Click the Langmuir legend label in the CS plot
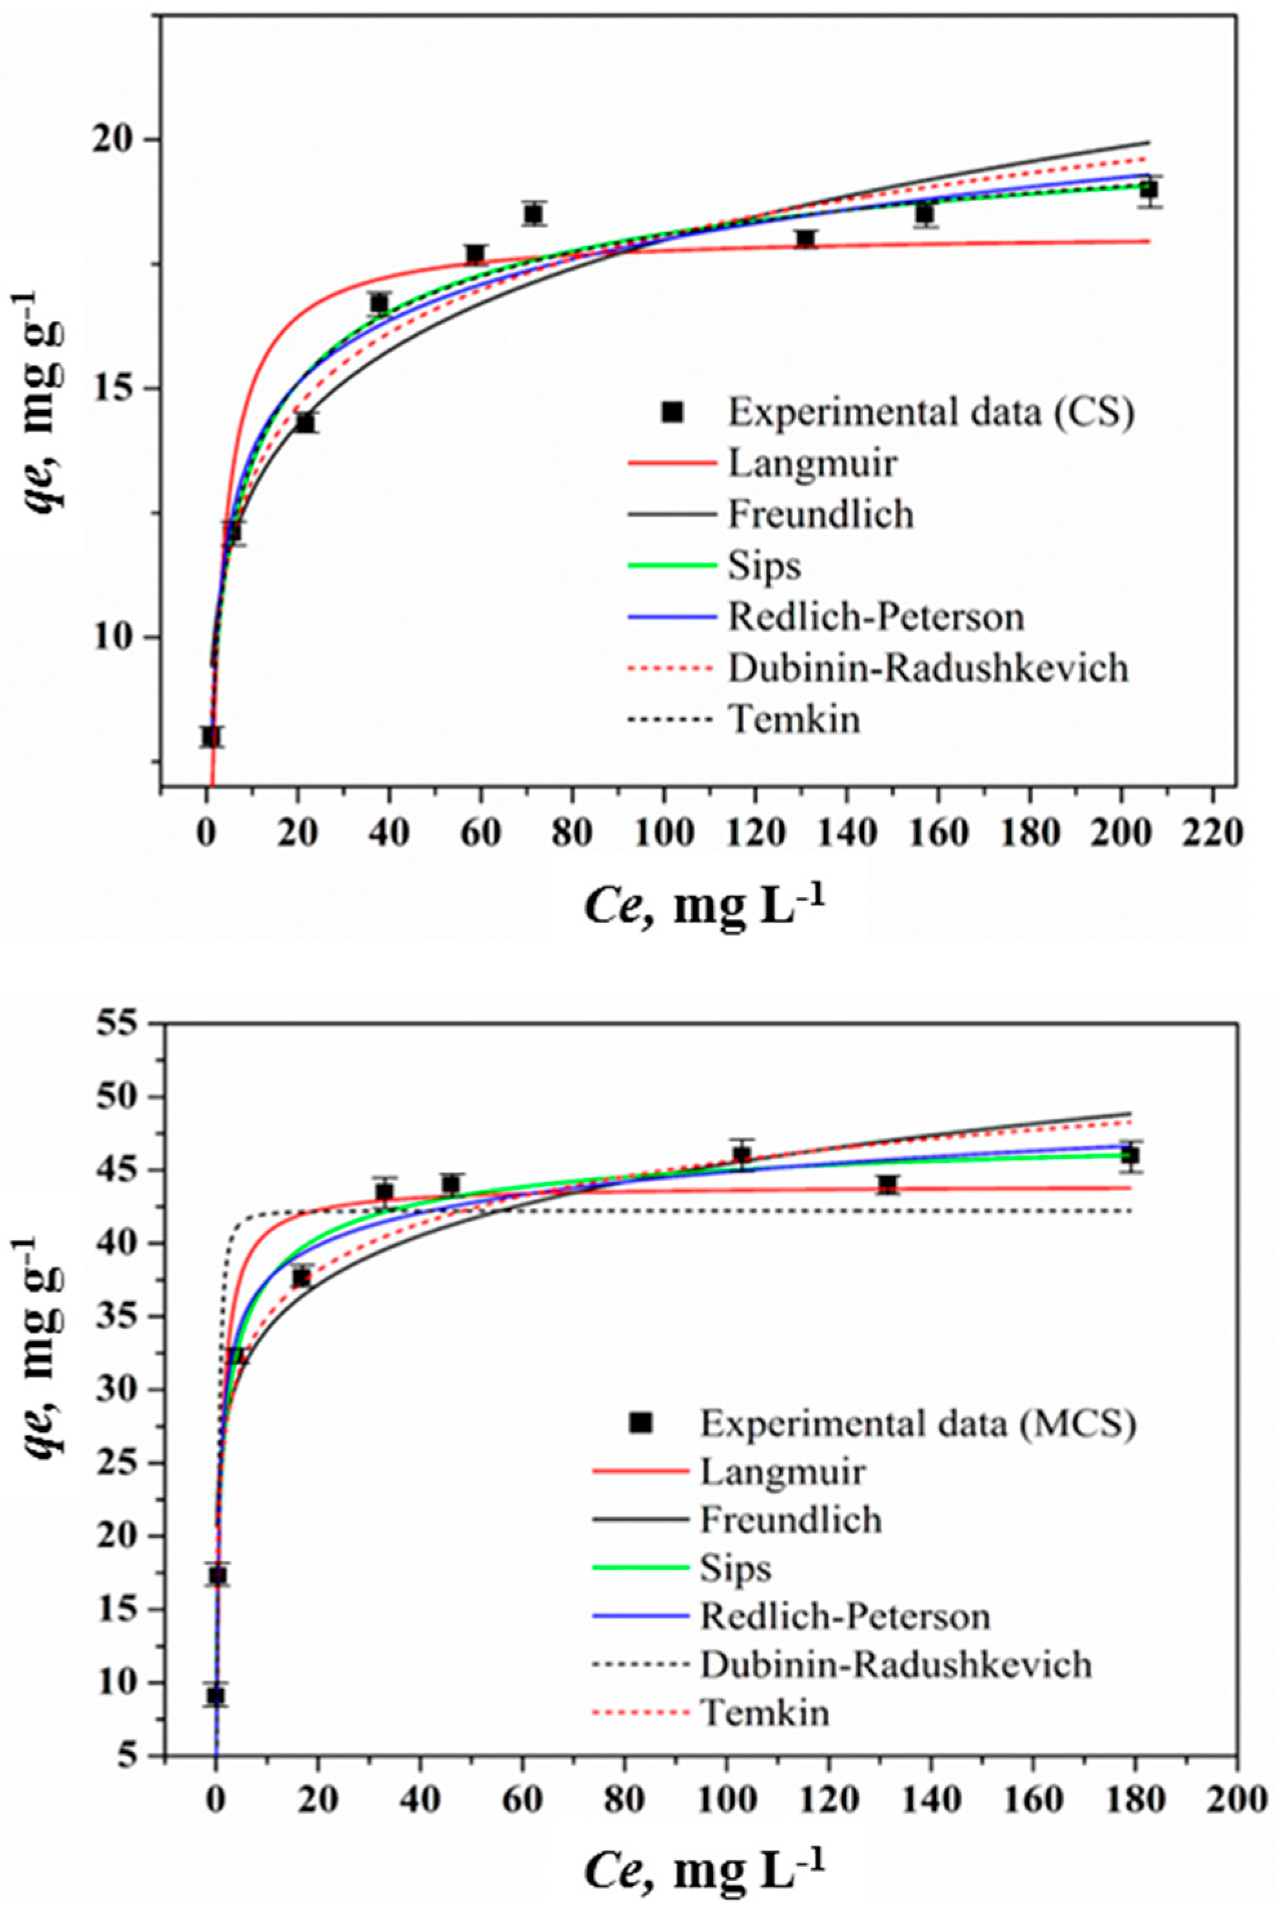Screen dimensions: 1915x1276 coord(812,463)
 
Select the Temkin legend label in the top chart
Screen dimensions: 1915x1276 coord(794,719)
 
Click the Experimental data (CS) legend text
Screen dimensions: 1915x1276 coord(930,413)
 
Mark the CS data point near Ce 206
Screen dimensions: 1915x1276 coord(1148,190)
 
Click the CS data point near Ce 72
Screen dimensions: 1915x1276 coord(534,214)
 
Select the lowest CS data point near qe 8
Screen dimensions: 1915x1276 coord(211,736)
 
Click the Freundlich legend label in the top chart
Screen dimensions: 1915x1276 coord(820,514)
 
